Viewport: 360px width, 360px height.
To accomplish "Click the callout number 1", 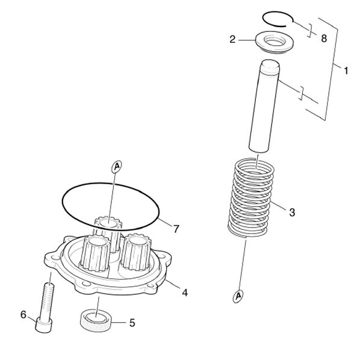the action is pyautogui.click(x=346, y=70).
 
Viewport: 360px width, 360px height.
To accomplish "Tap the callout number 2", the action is pyautogui.click(x=232, y=39).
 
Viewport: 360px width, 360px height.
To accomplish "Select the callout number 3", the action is pyautogui.click(x=292, y=213).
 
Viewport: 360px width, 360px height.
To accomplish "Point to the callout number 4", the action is pyautogui.click(x=185, y=293).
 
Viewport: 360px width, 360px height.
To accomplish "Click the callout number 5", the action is pyautogui.click(x=132, y=323).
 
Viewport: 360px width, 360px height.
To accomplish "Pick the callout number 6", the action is pyautogui.click(x=23, y=314).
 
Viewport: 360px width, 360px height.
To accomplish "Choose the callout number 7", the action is pyautogui.click(x=176, y=229).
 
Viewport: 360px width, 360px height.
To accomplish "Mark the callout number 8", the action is pyautogui.click(x=324, y=39).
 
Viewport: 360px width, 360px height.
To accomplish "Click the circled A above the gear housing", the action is pyautogui.click(x=117, y=166).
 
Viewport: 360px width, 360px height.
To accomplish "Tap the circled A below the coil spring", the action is pyautogui.click(x=238, y=296).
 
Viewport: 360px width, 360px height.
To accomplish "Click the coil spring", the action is pyautogui.click(x=250, y=197).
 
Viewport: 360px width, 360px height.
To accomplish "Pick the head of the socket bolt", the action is pyautogui.click(x=43, y=325).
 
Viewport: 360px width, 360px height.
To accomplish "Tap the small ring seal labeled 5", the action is pyautogui.click(x=96, y=320).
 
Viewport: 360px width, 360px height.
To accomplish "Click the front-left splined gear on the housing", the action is pyautogui.click(x=95, y=253).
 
